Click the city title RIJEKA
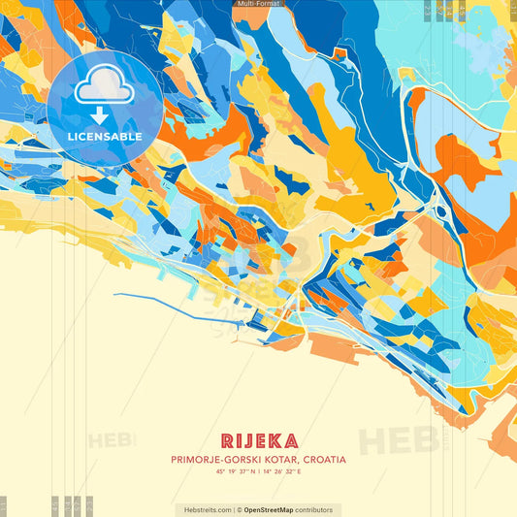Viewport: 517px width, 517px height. pyautogui.click(x=258, y=441)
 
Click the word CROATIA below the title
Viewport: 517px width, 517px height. pyautogui.click(x=323, y=459)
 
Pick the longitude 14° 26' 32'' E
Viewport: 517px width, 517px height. pyautogui.click(x=281, y=471)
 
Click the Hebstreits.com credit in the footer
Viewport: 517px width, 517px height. pyautogui.click(x=205, y=509)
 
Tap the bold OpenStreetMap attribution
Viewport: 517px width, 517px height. pyautogui.click(x=274, y=509)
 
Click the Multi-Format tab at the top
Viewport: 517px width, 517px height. pyautogui.click(x=258, y=4)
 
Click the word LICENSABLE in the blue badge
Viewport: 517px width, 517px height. pyautogui.click(x=105, y=137)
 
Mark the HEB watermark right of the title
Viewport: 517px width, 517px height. pyautogui.click(x=398, y=438)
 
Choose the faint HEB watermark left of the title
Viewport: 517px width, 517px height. pyautogui.click(x=113, y=439)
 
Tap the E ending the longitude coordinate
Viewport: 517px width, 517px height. pyautogui.click(x=300, y=471)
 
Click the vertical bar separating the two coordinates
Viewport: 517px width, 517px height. pyautogui.click(x=256, y=471)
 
